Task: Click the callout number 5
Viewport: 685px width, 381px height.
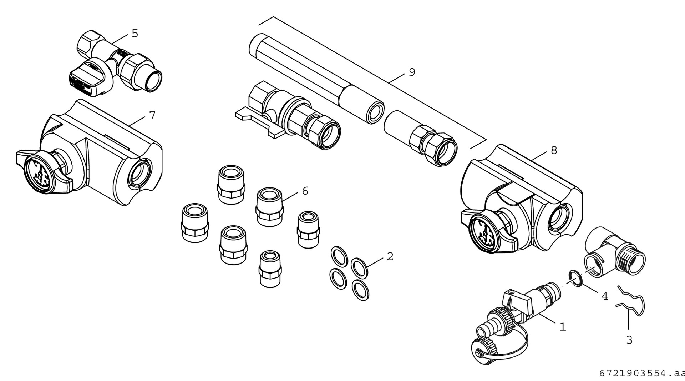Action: [135, 34]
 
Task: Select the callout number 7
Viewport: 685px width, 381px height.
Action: [152, 115]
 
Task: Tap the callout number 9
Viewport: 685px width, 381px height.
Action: [412, 72]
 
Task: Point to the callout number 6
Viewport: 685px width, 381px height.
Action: [305, 191]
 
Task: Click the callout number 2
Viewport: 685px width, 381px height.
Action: [390, 256]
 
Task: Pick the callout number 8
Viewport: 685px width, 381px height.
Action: [554, 150]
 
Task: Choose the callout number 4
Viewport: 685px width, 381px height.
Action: [605, 296]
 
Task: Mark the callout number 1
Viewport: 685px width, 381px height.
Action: [563, 326]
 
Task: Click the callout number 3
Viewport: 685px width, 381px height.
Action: [629, 340]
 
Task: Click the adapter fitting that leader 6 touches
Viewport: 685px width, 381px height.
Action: [269, 206]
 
